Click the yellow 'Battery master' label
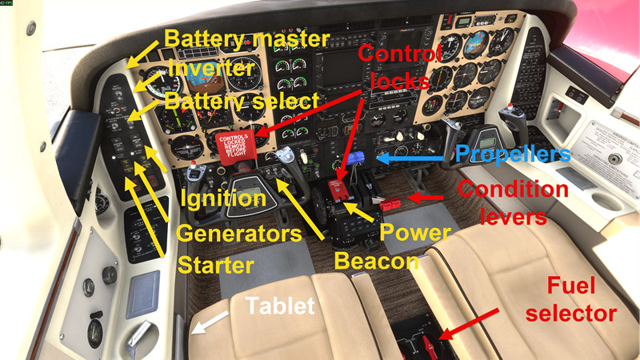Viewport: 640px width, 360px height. click(x=246, y=38)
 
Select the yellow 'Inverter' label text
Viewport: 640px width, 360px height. click(x=210, y=69)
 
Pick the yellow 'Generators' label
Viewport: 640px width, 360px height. click(x=238, y=233)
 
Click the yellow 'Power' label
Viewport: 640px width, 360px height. click(x=414, y=233)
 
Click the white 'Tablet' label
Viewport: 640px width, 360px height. click(x=279, y=305)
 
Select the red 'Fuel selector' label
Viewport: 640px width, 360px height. click(x=581, y=299)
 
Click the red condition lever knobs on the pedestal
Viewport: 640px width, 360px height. click(x=390, y=205)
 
